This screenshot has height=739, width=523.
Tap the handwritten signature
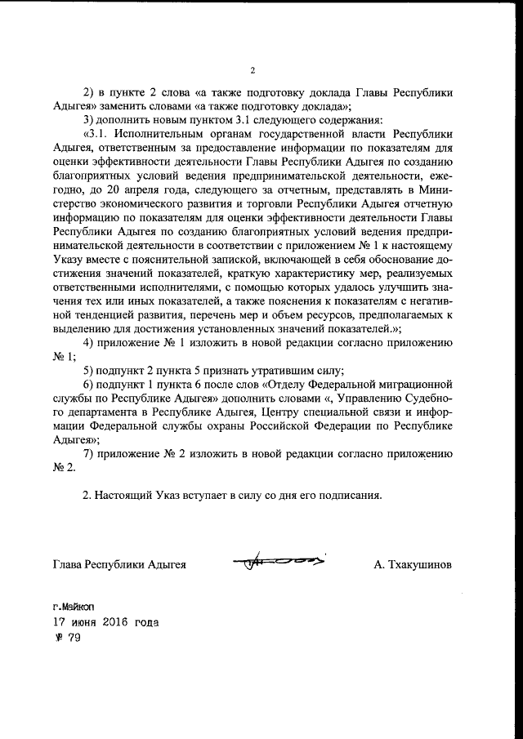[279, 562]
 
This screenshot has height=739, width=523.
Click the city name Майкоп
[78, 608]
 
